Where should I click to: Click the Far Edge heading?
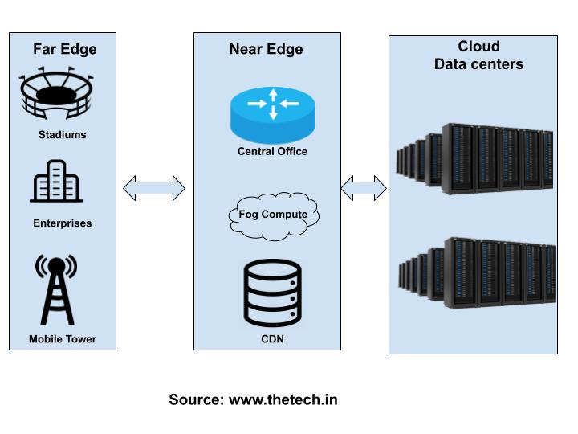pyautogui.click(x=64, y=49)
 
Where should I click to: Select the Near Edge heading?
pyautogui.click(x=266, y=49)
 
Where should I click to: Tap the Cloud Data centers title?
pyautogui.click(x=478, y=55)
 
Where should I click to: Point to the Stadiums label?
pyautogui.click(x=62, y=135)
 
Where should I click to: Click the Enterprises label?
pyautogui.click(x=62, y=223)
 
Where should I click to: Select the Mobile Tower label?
pyautogui.click(x=62, y=339)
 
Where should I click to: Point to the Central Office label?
pyautogui.click(x=272, y=151)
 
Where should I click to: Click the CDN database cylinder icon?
pyautogui.click(x=272, y=293)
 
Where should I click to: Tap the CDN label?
pyautogui.click(x=272, y=339)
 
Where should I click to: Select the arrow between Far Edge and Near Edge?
pyautogui.click(x=154, y=189)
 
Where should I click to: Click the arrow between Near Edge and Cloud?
pyautogui.click(x=364, y=189)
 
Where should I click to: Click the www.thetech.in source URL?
pyautogui.click(x=283, y=399)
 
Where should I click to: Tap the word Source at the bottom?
pyautogui.click(x=196, y=399)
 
